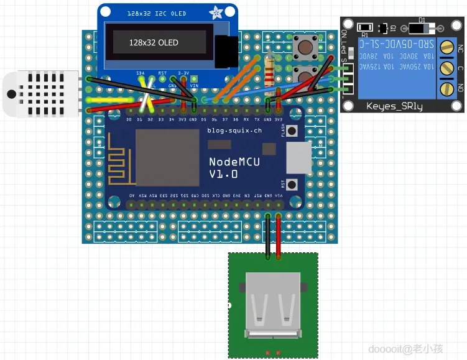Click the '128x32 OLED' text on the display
point(154,42)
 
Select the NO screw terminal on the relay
point(446,88)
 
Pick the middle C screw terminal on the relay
point(446,68)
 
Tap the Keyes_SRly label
point(394,106)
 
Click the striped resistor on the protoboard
point(270,70)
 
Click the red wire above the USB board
point(278,236)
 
